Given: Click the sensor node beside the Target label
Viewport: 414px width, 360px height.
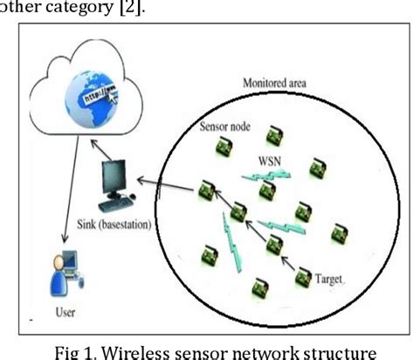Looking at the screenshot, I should (x=301, y=278).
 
